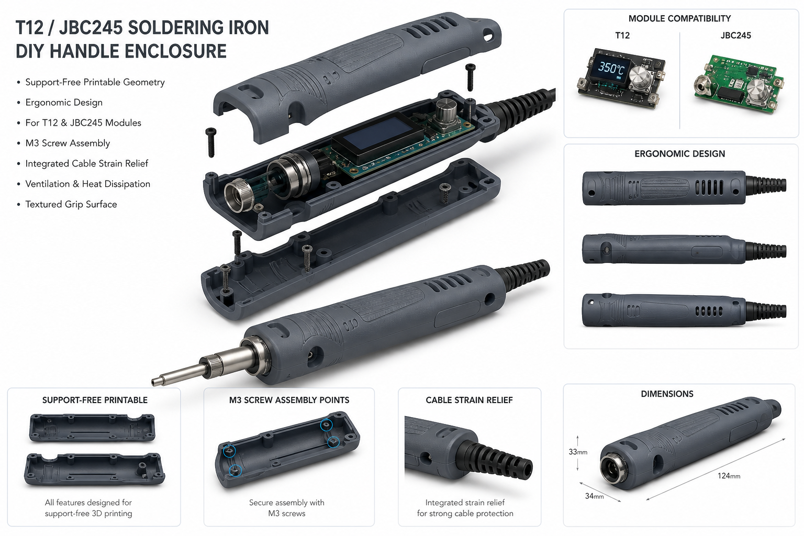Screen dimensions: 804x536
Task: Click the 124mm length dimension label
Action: point(729,476)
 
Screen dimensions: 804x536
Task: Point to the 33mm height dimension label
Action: point(578,452)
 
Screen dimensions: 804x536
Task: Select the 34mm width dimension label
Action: point(595,496)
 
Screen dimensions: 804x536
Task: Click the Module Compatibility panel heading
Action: point(680,19)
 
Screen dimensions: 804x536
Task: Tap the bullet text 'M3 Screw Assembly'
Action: point(68,143)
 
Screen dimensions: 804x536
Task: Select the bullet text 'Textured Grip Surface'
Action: point(71,204)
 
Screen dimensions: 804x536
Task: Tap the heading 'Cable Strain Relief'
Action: point(469,400)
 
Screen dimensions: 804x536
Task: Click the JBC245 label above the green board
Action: point(735,36)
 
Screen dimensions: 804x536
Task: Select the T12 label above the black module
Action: point(622,36)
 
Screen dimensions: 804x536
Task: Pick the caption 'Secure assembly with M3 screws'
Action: point(286,508)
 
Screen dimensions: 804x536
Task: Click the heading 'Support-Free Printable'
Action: point(95,400)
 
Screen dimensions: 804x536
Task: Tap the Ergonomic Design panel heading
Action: point(679,154)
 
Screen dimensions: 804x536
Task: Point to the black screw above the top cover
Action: point(470,77)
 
